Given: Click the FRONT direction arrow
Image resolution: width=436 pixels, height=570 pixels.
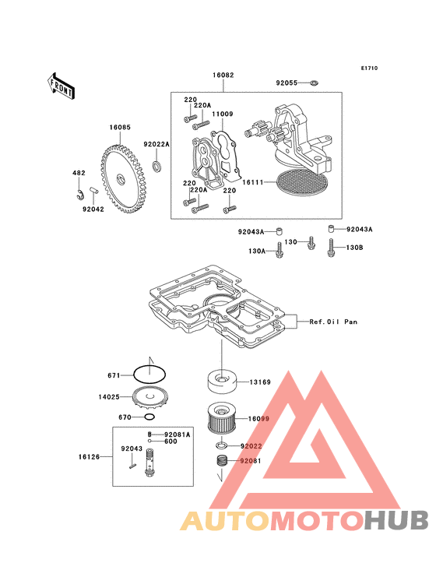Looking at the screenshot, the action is pos(61,86).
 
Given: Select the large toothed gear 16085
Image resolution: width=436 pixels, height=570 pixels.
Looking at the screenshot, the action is pos(125,179).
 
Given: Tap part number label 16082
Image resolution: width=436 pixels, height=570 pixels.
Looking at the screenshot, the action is pos(223,75).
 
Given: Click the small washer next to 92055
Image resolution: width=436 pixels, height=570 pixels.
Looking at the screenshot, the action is pos(314,83).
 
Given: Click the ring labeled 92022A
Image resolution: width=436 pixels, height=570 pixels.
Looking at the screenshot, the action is pos(157,166).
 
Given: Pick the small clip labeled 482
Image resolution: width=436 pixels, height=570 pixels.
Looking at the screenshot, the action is pos(79,195).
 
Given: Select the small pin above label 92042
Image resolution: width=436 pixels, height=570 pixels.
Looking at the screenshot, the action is pos(94,190).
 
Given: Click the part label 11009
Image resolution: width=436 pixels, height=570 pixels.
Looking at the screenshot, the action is pos(223,114).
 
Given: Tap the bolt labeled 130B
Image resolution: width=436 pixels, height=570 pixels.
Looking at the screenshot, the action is pos(331,248).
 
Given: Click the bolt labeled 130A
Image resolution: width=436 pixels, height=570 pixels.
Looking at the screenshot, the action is pos(279,250).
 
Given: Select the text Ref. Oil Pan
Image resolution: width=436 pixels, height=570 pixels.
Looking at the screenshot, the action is pos(333,322).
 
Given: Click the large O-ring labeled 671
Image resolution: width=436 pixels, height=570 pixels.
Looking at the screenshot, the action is pos(149,375).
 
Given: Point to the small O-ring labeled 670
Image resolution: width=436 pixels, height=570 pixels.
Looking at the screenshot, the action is pos(149,417).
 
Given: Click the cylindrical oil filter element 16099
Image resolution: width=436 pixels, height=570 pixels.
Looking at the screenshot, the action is pos(222,418).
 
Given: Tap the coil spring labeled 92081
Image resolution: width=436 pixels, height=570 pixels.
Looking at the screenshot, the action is pos(222,460).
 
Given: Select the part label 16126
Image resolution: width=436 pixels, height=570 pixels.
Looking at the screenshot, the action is pos(89,456).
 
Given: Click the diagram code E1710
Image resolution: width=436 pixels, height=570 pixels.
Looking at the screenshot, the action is pos(369,68).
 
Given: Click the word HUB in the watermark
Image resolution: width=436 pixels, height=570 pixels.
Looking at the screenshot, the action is pos(396,520).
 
